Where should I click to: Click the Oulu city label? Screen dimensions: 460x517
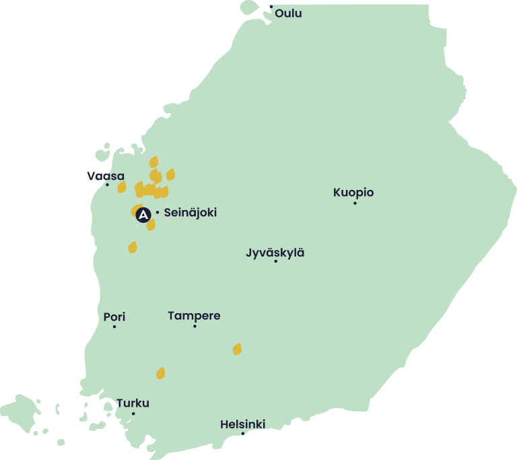point(288,13)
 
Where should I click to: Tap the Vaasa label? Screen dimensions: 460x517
point(106,176)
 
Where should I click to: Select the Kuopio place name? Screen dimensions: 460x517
point(353,193)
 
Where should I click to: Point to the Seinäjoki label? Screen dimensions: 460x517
point(191,213)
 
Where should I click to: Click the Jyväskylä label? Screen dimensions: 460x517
point(275,253)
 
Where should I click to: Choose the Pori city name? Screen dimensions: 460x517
point(114,317)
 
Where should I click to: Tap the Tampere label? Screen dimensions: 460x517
point(194,315)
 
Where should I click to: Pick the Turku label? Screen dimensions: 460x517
point(133,403)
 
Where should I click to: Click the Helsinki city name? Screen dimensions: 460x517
point(242,424)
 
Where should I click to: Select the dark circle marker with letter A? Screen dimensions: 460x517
point(143,215)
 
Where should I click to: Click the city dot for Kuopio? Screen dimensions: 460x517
point(355,203)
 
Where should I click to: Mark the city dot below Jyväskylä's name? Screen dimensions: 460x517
point(275,261)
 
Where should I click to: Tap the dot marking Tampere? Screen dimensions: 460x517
point(195,326)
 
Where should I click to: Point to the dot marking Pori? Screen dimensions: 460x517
point(114,327)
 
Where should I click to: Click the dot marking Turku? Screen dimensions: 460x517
point(133,414)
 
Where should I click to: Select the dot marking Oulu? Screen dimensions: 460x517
point(271,7)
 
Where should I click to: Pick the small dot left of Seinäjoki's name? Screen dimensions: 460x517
point(158,213)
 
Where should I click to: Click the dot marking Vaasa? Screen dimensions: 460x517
point(107,185)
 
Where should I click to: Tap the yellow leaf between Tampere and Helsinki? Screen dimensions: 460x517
point(237,349)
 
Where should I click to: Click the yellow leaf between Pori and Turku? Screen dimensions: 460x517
point(160,373)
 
